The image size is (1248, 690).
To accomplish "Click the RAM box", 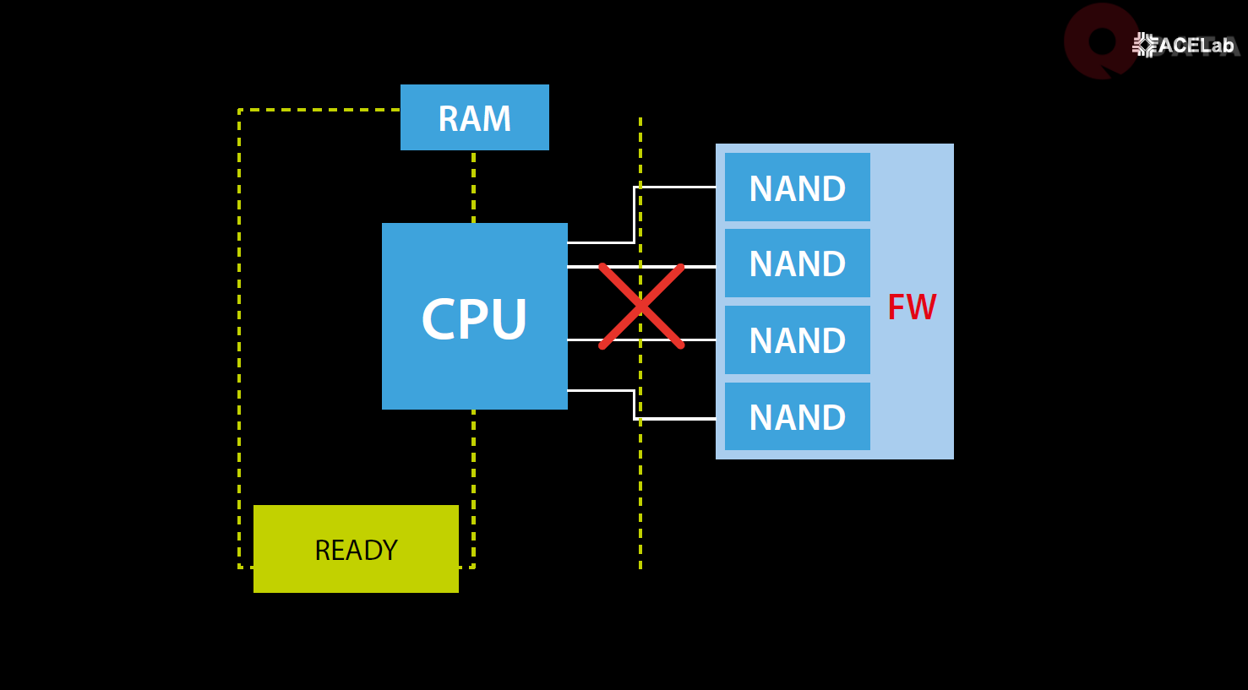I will coord(474,117).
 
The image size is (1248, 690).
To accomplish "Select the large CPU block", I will coord(474,317).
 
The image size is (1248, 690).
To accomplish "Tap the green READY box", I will coord(356,549).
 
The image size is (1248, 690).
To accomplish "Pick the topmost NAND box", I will coord(797,187).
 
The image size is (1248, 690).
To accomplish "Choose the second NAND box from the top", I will coord(797,264).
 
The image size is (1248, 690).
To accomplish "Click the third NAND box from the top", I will coord(797,340).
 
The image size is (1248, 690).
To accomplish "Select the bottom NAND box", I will coord(797,416).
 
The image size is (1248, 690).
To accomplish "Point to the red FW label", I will coord(912,307).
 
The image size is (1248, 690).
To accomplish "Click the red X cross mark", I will coord(641,306).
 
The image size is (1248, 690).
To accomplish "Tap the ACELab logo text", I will coord(1195,46).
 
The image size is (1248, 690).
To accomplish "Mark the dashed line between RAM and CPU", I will coord(473,187).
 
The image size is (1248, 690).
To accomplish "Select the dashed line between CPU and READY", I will coord(473,456).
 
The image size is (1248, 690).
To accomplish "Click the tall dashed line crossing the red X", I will coord(640,473).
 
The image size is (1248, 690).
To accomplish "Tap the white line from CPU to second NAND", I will coord(583,267).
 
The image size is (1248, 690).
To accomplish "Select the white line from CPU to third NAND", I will coord(583,340).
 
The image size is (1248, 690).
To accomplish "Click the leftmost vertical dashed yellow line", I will coord(239,338).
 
